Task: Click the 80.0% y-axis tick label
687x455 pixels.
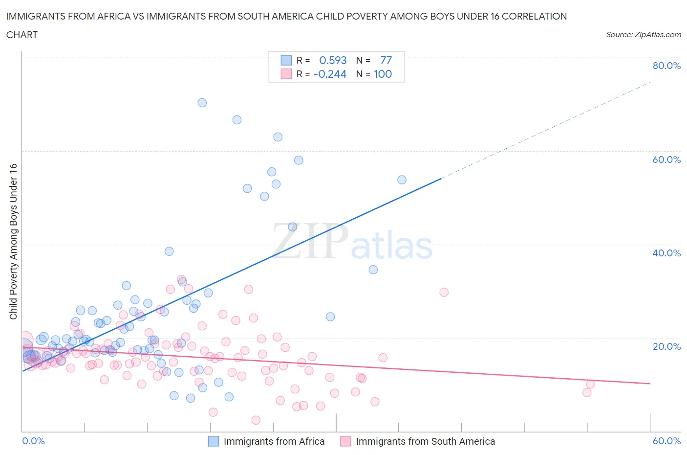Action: pos(666,66)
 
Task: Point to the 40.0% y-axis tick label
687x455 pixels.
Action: pos(666,253)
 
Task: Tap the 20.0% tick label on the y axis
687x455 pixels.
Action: pos(666,346)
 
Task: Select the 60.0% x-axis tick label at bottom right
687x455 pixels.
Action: pos(666,441)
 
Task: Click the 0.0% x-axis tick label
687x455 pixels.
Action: pos(34,441)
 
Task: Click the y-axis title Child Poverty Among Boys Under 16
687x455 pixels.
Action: pos(13,241)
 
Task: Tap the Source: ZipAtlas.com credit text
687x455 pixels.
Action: pos(643,35)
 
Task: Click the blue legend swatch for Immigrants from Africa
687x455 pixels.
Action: pos(214,441)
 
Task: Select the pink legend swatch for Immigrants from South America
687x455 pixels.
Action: pos(345,441)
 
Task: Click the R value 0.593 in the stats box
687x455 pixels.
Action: pos(333,60)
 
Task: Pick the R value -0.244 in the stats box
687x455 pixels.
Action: pos(330,74)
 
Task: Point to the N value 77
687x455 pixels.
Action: pos(386,60)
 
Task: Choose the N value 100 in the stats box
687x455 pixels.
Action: pos(383,74)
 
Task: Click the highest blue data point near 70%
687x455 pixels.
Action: pos(202,103)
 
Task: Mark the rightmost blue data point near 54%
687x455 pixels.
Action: pos(402,180)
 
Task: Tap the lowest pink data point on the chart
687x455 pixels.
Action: pos(256,420)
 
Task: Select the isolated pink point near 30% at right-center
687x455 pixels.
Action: pos(444,292)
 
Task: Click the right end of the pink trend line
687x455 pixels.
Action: pos(650,384)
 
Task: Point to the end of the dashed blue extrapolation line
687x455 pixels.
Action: pos(650,83)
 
